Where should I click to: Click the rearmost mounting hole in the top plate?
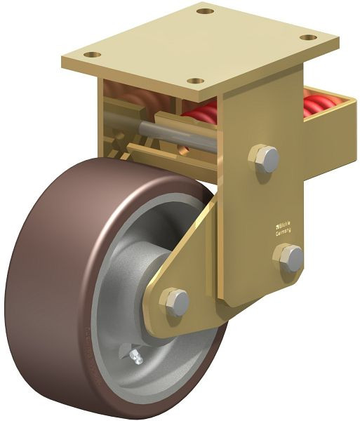click(x=204, y=11)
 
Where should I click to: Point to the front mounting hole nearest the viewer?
click(x=197, y=81)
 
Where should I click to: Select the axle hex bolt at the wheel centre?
click(x=175, y=301)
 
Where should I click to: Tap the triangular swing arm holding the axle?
click(x=189, y=267)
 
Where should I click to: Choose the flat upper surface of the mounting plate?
click(x=204, y=46)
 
